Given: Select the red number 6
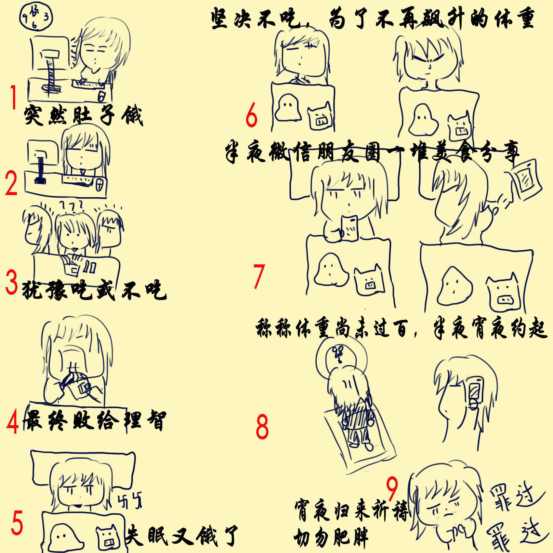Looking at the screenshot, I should click(251, 114).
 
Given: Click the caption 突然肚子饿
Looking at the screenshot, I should click(83, 115).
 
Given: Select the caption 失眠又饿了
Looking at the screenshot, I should click(181, 535).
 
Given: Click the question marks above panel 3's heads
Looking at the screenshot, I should click(72, 205).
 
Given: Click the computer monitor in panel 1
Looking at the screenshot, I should click(50, 54).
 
